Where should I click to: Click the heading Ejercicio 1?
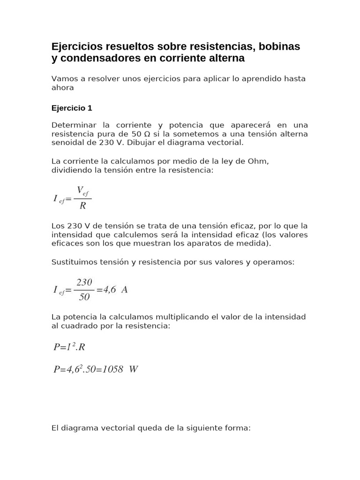coord(72,108)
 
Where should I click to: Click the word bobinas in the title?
coord(277,47)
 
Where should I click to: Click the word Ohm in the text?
coord(259,161)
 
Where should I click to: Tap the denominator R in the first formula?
coord(82,206)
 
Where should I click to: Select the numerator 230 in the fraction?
coord(84,282)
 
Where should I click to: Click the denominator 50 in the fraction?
coord(84,297)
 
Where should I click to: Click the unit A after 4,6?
coord(124,290)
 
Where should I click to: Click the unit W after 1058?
coord(134,369)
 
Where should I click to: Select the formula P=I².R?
coord(69,347)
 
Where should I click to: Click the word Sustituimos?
coord(73,262)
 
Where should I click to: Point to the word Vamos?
coord(63,79)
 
